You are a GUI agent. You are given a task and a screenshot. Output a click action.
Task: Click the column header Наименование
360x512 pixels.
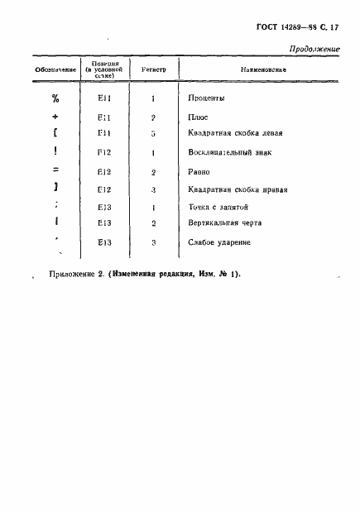[x=262, y=70]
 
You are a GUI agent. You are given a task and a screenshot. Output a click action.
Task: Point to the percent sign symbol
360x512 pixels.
[x=55, y=98]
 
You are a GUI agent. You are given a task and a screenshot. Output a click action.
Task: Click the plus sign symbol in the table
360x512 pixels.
[x=55, y=117]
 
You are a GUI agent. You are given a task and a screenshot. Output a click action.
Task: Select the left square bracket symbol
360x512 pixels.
[x=55, y=133]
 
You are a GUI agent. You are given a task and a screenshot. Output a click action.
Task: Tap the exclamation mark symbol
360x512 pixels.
[x=55, y=152]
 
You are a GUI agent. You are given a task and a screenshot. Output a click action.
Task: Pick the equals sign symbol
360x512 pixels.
[x=55, y=171]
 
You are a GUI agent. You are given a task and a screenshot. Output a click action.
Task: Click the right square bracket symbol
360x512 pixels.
[x=55, y=189]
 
